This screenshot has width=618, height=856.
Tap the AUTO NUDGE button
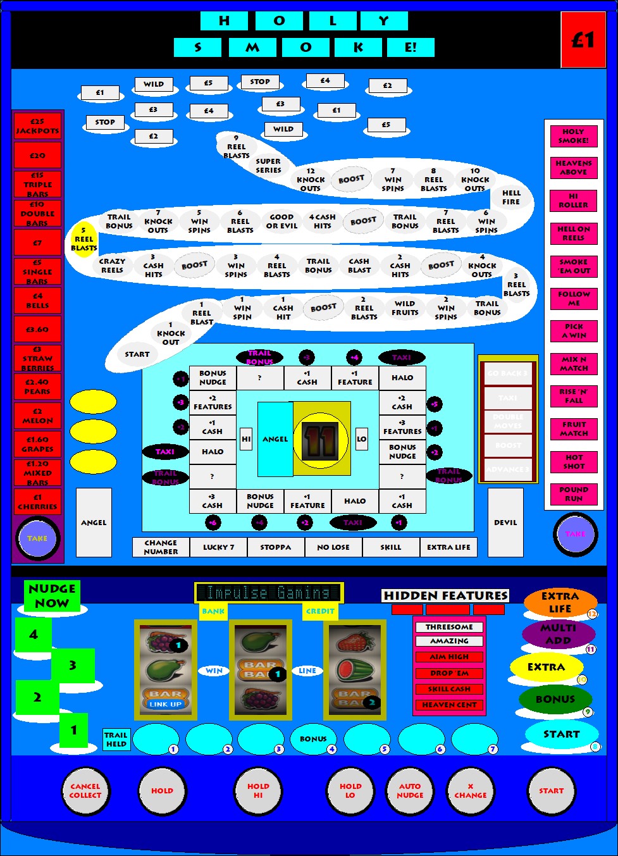tap(410, 791)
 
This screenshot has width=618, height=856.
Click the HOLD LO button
tap(350, 791)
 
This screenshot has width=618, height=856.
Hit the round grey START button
tap(551, 791)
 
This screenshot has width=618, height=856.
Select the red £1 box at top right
tap(583, 40)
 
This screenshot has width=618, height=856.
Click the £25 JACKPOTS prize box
tap(37, 126)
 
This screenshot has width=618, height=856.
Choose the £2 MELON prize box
tap(37, 416)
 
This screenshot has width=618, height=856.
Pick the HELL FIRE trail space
tap(511, 197)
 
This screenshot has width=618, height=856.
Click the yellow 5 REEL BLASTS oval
tap(83, 239)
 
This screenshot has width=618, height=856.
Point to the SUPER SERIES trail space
tap(268, 166)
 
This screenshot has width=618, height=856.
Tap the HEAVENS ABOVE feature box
tap(574, 168)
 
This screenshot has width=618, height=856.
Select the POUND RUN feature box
tap(574, 494)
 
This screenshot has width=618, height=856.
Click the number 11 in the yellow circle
tap(321, 440)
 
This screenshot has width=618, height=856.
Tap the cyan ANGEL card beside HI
tap(275, 438)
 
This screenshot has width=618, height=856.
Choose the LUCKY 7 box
tap(219, 547)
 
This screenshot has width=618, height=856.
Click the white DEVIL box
tap(505, 523)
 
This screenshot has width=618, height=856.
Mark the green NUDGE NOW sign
tap(52, 596)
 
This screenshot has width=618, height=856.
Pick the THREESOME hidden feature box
tap(449, 627)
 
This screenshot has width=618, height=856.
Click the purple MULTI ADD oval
tap(558, 634)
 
